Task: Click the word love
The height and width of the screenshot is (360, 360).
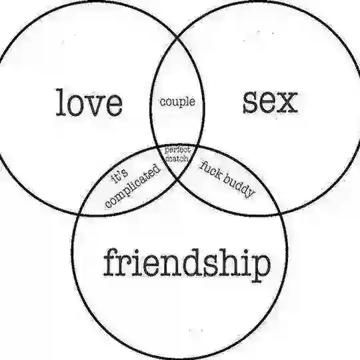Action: click(x=89, y=103)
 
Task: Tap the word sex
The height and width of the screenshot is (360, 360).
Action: click(x=270, y=101)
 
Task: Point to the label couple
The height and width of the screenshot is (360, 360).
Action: click(x=177, y=102)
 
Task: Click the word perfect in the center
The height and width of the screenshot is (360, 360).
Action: click(x=177, y=150)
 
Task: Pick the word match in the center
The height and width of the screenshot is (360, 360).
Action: click(x=177, y=158)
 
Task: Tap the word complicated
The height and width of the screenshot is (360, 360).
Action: click(x=133, y=186)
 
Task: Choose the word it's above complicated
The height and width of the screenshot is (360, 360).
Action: click(x=119, y=176)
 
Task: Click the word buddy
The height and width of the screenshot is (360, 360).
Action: click(x=239, y=186)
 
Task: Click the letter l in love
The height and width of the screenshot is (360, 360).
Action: click(x=61, y=103)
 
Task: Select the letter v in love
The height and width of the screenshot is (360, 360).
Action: click(x=94, y=107)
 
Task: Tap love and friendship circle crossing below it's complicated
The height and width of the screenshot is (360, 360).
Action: click(x=79, y=213)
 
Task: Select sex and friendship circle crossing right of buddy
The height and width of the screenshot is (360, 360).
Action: click(x=279, y=213)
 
